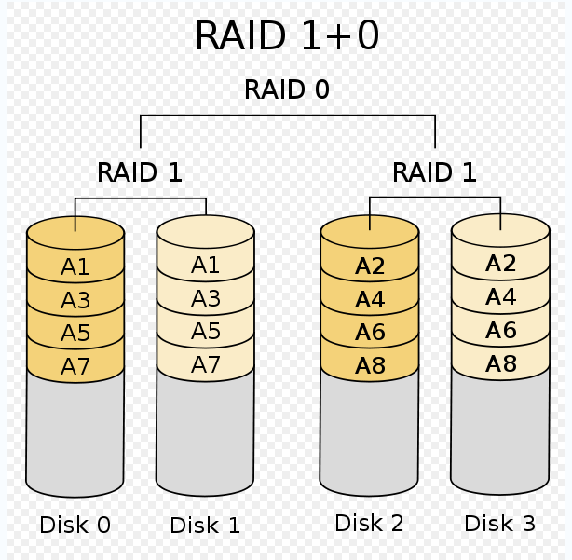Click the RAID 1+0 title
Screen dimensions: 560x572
pos(286,37)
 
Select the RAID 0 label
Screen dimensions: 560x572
pos(286,90)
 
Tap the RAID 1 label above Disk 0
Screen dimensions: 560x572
pos(140,172)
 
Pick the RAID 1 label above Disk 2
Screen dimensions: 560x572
pos(434,172)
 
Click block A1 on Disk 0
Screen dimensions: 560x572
pos(75,267)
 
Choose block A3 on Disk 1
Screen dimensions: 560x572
pos(205,299)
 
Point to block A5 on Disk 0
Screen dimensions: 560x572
pos(75,334)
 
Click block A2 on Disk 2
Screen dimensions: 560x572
pos(370,266)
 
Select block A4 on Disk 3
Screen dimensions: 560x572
pos(500,297)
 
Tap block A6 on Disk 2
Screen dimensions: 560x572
pos(370,333)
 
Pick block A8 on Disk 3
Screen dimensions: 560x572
pos(500,363)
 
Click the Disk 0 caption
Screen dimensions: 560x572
pos(75,526)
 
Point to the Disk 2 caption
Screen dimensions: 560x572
pos(369,524)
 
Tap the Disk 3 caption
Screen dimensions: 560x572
pos(500,524)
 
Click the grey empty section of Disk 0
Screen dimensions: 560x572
pos(75,429)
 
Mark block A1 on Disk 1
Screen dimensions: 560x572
pos(205,266)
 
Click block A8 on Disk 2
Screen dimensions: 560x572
pos(370,365)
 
